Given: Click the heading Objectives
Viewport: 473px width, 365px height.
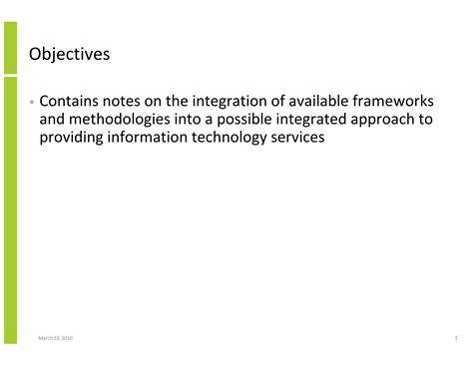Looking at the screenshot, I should pyautogui.click(x=69, y=54).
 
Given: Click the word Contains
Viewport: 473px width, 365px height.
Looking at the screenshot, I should pyautogui.click(x=72, y=102).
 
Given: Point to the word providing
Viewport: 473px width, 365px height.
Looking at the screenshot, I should pyautogui.click(x=75, y=138).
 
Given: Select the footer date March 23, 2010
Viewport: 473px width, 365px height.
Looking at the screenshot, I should pyautogui.click(x=55, y=339).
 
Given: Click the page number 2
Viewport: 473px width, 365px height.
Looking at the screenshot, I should pyautogui.click(x=442, y=339).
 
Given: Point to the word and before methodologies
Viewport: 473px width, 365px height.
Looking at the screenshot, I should pyautogui.click(x=52, y=120).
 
